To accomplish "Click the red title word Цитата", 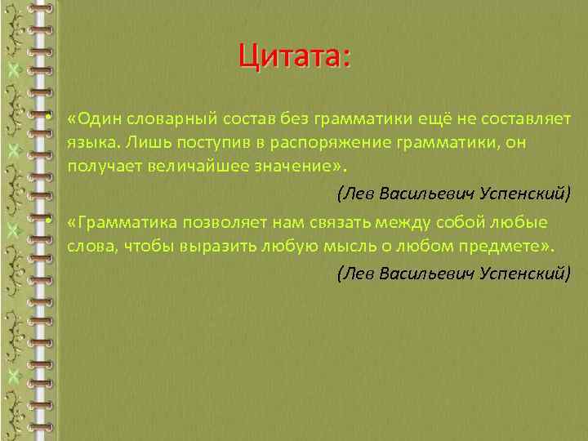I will pos(292,57).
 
